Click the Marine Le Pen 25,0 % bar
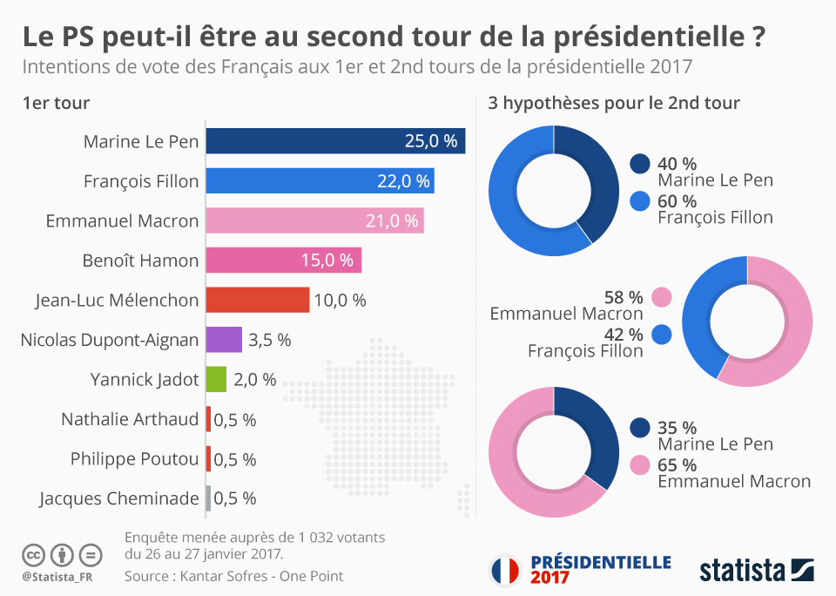(x=335, y=141)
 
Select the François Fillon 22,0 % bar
(x=320, y=181)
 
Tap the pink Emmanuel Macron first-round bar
(x=314, y=220)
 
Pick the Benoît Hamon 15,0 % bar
(x=283, y=261)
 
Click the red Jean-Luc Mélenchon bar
(x=257, y=300)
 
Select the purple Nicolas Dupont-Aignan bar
(x=224, y=340)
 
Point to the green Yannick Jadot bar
(x=216, y=379)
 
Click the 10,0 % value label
(x=340, y=301)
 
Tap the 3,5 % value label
(x=270, y=340)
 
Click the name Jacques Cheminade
(x=119, y=498)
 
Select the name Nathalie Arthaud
(x=130, y=419)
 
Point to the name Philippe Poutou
(x=135, y=459)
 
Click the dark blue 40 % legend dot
(x=640, y=163)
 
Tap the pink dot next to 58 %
(x=662, y=296)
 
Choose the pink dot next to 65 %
(x=640, y=464)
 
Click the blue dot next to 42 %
(x=662, y=334)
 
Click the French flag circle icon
(x=504, y=570)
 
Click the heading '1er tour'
(x=57, y=104)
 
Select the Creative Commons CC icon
(x=34, y=554)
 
